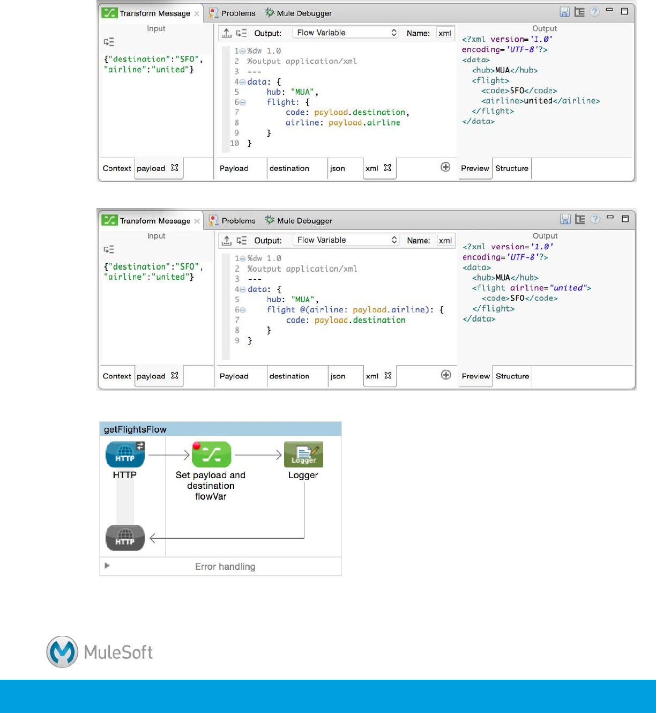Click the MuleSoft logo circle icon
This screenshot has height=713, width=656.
tap(62, 651)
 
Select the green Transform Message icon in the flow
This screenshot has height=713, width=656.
tap(211, 455)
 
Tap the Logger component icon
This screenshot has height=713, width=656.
tap(303, 455)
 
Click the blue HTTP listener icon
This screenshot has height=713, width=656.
tap(125, 455)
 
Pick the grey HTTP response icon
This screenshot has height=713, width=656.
tap(125, 538)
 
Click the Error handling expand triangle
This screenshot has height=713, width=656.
tap(107, 566)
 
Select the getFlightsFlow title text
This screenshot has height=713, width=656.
tap(135, 429)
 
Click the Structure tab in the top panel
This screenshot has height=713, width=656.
tap(511, 168)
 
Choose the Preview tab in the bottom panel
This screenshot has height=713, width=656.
tap(475, 376)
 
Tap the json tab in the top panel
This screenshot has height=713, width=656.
tap(338, 168)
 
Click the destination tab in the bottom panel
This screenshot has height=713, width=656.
tap(289, 376)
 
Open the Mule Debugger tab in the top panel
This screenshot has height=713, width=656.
tap(299, 13)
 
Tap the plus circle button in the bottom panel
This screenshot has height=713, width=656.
tap(446, 375)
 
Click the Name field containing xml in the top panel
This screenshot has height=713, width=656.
tap(445, 33)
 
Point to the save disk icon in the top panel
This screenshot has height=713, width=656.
tap(565, 12)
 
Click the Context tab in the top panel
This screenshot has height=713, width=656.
tap(117, 168)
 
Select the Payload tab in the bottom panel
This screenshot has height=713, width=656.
tap(234, 376)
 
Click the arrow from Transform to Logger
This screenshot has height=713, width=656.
tap(258, 455)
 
